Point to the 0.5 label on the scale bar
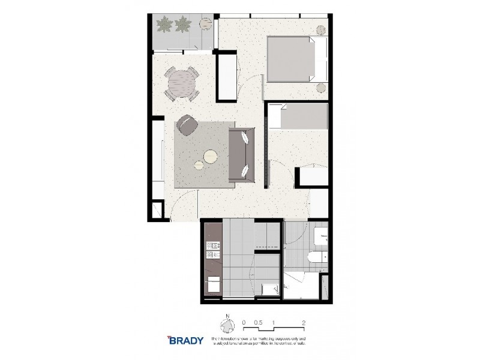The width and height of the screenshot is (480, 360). tap(258, 322)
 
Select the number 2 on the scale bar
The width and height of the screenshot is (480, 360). tap(305, 322)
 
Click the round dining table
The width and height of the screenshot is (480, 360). tap(181, 84)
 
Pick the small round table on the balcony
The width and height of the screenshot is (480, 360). tap(205, 25)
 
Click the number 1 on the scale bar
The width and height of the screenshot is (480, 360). tap(274, 322)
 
